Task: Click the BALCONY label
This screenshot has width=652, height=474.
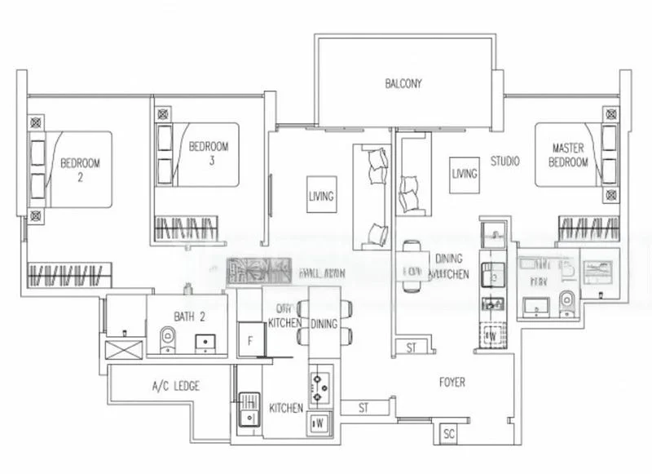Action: coord(403,82)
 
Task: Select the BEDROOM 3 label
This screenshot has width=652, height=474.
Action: coord(209,153)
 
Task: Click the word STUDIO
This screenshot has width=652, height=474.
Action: coord(504,162)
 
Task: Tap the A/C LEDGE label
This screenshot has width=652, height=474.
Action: coord(175,385)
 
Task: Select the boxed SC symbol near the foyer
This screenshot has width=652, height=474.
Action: coord(449,436)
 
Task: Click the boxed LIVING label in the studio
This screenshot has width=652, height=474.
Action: coord(465,173)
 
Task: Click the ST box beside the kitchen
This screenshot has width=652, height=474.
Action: coord(362,407)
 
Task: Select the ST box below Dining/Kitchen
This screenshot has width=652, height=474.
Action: coord(412,348)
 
